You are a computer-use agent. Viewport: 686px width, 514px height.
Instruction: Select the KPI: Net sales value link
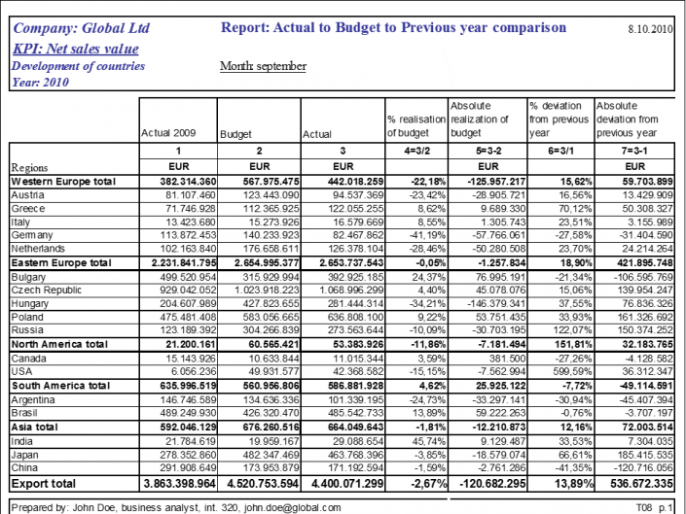76,49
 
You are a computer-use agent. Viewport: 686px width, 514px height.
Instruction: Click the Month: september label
264,66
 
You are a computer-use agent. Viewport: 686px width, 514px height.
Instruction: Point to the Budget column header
236,134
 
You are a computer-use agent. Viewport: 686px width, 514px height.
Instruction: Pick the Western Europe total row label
63,181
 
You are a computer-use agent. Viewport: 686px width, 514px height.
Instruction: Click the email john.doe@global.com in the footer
291,507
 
